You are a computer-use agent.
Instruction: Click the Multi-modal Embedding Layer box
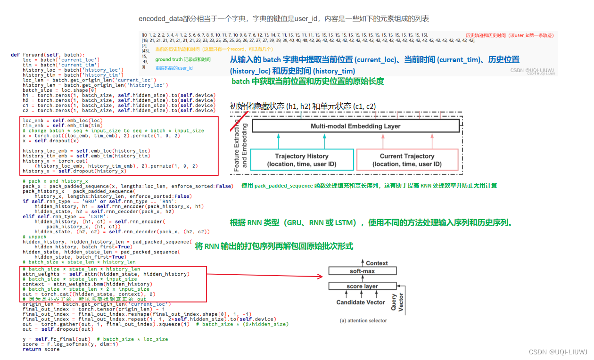355,126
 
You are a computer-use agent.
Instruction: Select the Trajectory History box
301,160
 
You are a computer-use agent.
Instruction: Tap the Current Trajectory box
407,160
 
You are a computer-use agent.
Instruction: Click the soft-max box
362,271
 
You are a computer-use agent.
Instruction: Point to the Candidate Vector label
361,302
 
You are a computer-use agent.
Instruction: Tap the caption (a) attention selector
363,320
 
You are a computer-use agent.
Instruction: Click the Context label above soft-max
377,263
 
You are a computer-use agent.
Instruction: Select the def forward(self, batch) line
48,55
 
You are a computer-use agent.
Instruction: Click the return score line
41,349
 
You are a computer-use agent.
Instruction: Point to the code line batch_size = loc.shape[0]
60,90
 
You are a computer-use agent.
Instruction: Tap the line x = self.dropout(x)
50,140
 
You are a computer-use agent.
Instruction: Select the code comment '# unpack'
34,237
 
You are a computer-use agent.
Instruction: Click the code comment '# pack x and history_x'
55,181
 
